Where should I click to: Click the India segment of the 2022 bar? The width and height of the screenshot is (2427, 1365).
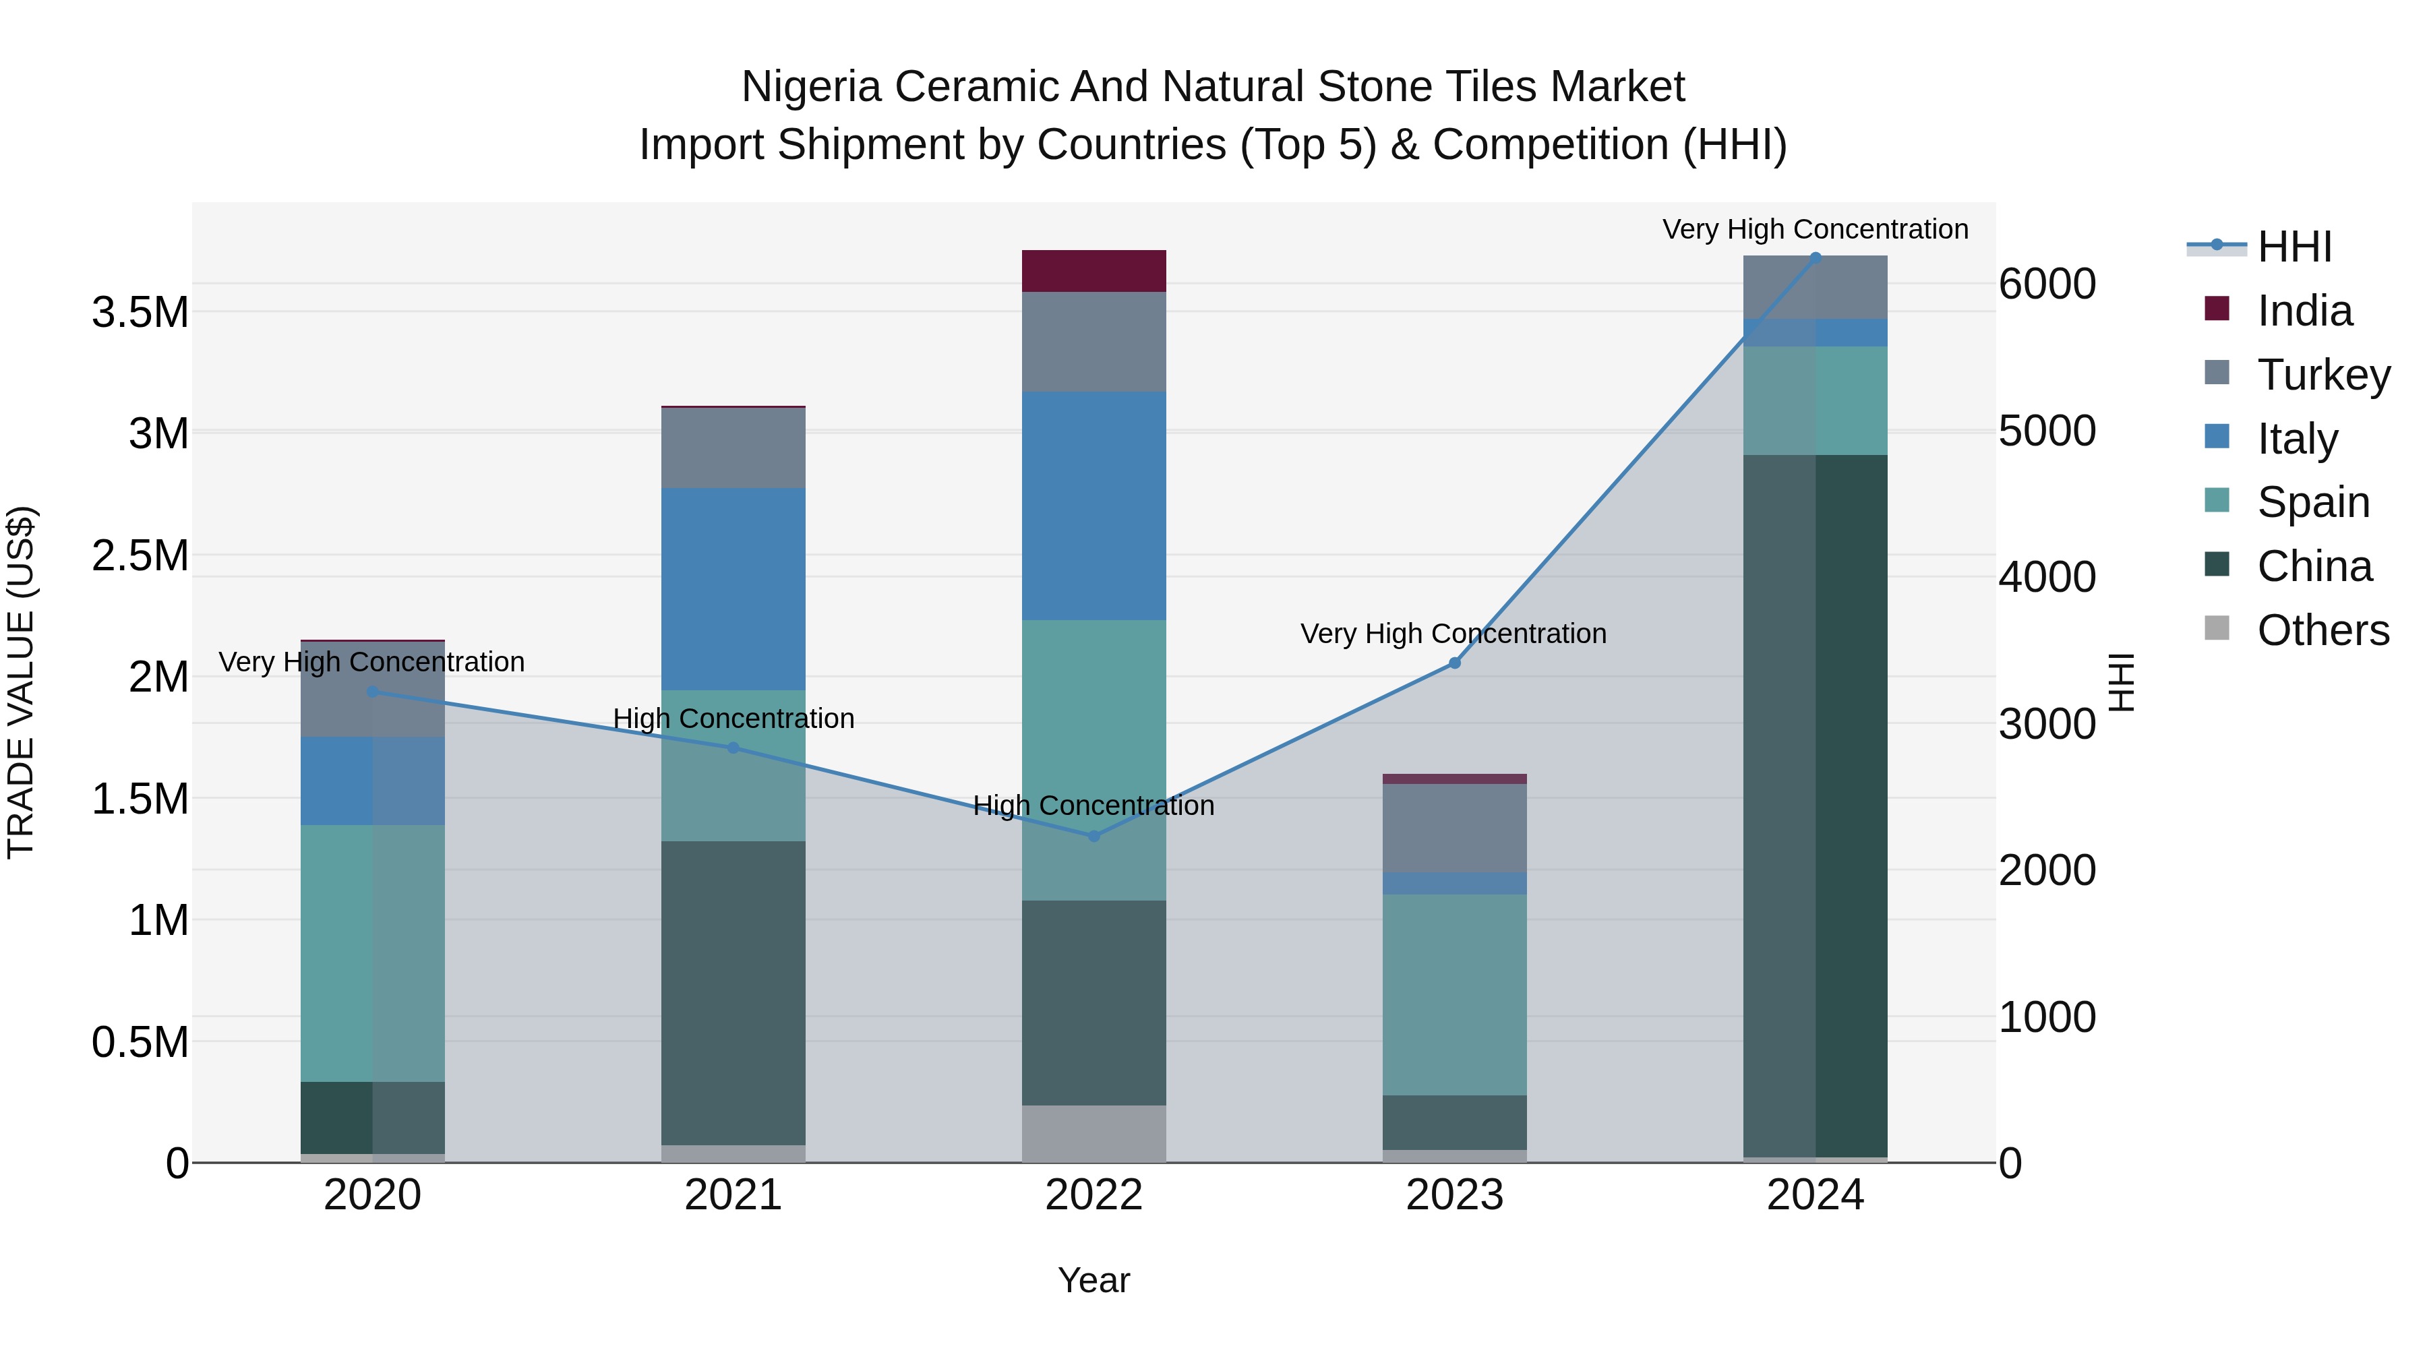[1094, 270]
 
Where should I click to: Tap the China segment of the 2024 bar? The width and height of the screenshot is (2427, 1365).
[1816, 806]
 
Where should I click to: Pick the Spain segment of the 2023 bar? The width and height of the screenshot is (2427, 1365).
[1455, 994]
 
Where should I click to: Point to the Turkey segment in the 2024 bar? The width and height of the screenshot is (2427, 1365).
[1816, 287]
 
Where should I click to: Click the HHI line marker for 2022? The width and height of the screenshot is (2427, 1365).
[1094, 836]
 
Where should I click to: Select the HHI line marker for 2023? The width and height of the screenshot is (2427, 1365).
[1455, 663]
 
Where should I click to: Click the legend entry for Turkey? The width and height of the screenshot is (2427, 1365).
[2323, 374]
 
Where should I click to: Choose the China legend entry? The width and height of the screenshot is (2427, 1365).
[2313, 566]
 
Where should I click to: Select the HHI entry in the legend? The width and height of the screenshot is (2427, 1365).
[2294, 247]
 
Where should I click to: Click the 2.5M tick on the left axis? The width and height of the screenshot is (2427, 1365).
[140, 556]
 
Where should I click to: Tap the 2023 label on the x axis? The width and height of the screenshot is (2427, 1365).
[1455, 1195]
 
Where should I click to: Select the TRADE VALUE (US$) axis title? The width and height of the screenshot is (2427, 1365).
[21, 682]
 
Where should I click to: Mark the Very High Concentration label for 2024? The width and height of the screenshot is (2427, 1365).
[1815, 230]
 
